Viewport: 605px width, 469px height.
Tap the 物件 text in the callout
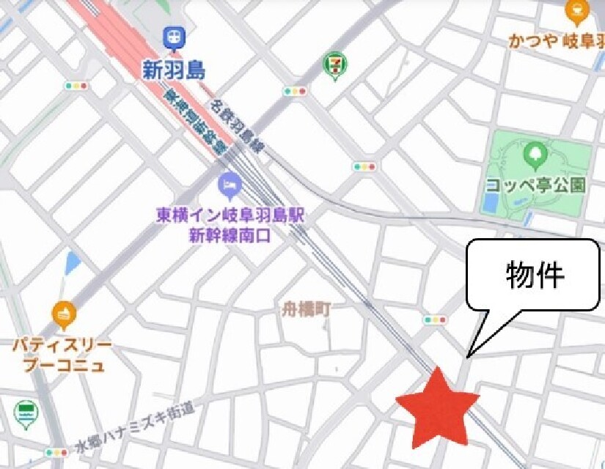coord(535,276)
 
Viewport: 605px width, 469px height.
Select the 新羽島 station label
coord(174,70)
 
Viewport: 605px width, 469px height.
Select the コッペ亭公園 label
coord(536,185)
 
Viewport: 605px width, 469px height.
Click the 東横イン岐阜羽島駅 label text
coord(230,216)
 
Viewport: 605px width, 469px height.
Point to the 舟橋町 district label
coord(307,310)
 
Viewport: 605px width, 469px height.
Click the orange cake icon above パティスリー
coord(65,315)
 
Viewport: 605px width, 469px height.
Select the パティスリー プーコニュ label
coord(62,355)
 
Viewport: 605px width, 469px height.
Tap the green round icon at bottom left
coord(26,413)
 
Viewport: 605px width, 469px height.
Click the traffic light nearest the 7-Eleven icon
coord(296,91)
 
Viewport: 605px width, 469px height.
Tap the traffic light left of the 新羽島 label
coord(76,86)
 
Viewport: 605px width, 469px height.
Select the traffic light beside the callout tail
coord(435,320)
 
